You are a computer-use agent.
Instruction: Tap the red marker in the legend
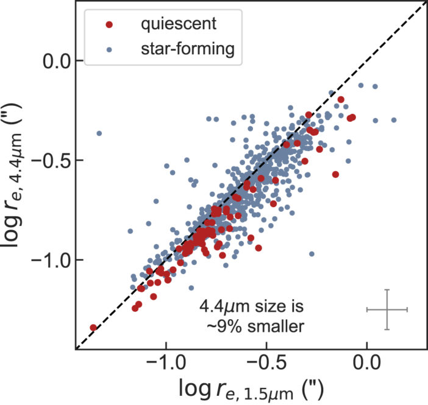[x=109, y=25]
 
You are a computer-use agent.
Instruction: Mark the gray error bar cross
[x=387, y=310]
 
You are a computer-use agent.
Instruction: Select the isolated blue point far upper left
[x=99, y=133]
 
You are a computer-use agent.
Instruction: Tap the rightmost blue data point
[x=394, y=120]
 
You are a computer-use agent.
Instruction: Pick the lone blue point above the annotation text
[x=312, y=253]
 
